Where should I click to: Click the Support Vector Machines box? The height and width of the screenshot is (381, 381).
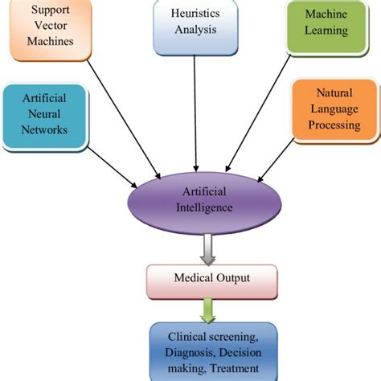51,29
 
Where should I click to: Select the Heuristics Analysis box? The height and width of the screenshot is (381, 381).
195,27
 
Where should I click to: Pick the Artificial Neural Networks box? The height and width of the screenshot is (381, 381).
44,117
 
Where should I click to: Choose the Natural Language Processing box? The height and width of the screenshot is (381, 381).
334,110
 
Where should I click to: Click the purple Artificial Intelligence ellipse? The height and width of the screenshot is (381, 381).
204,203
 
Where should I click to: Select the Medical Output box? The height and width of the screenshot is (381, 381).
212,281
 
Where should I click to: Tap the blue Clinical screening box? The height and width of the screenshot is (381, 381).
213,351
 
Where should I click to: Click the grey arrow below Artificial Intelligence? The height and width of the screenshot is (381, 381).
208,250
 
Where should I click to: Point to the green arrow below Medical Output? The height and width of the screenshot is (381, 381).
208,311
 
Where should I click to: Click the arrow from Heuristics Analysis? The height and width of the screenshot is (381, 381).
195,113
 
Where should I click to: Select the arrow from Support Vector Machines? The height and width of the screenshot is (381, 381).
124,120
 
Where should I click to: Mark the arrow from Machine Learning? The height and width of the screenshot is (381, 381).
258,113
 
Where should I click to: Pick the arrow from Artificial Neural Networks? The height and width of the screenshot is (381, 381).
113,167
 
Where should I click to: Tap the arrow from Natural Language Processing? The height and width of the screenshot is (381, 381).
276,160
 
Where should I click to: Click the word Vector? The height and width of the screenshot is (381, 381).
51,26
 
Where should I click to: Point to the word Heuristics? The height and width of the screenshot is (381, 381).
195,14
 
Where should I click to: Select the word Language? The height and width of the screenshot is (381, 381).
334,109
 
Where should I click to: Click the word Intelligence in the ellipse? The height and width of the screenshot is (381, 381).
204,208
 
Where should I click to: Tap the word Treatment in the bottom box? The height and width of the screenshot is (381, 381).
234,368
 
